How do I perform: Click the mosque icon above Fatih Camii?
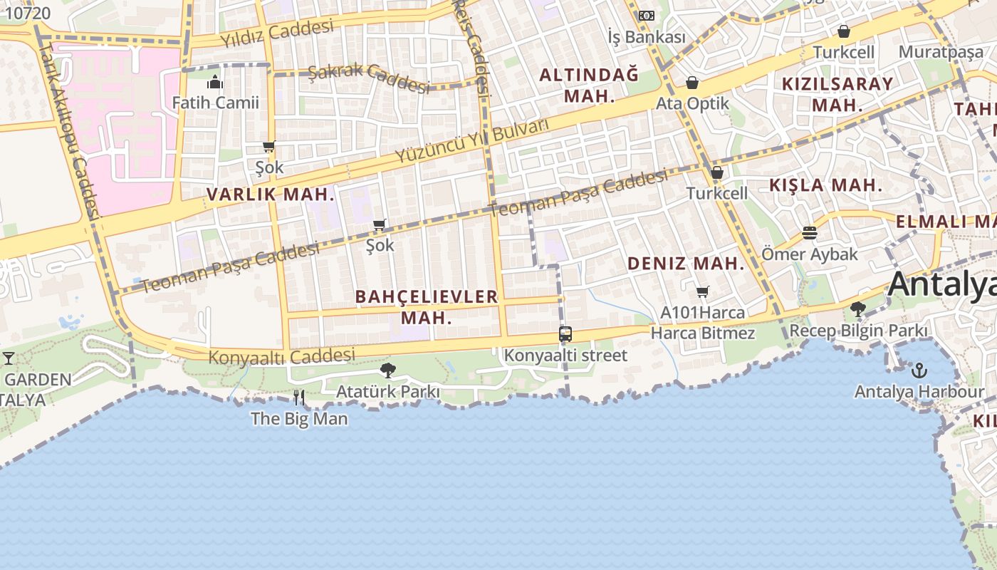pos(215,82)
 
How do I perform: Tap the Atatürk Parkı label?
pos(387,391)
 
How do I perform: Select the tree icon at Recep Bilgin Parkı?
pos(858,309)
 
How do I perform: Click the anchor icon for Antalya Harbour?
pos(919,370)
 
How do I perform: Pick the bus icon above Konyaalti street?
pos(565,333)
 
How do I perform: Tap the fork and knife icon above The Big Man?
pos(299,398)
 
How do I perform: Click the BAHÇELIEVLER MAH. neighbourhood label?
pos(426,306)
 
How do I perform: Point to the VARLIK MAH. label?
pos(271,194)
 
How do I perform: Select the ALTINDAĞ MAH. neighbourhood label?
pos(589,85)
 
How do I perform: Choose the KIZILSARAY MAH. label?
pos(837,93)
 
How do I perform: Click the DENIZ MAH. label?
pos(685,264)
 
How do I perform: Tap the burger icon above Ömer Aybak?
pos(809,233)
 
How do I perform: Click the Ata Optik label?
pos(692,103)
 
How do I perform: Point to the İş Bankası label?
pos(646,37)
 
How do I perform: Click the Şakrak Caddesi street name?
pos(369,78)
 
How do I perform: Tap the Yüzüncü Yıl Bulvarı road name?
pos(473,140)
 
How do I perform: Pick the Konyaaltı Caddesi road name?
pos(281,356)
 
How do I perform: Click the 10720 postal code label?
pos(28,13)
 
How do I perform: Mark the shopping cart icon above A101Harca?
pos(702,291)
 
